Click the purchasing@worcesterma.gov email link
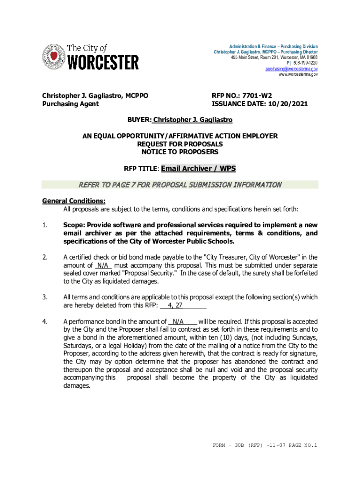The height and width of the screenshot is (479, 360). pyautogui.click(x=292, y=69)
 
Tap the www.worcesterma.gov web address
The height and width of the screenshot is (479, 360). pyautogui.click(x=298, y=74)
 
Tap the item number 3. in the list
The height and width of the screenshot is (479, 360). pyautogui.click(x=45, y=297)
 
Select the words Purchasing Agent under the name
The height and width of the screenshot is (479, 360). pyautogui.click(x=70, y=104)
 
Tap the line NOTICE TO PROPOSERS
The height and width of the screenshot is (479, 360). pyautogui.click(x=180, y=152)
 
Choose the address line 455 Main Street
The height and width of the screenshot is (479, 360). pyautogui.click(x=274, y=58)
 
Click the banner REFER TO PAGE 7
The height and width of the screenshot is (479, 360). pyautogui.click(x=180, y=184)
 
